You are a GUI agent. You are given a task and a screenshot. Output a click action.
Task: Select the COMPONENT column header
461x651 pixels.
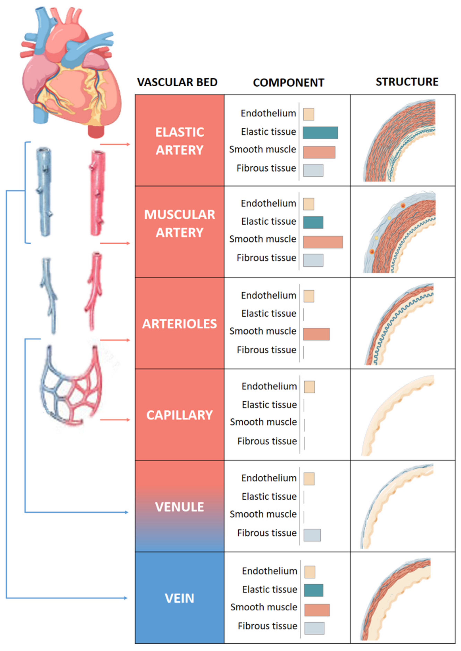tap(288, 83)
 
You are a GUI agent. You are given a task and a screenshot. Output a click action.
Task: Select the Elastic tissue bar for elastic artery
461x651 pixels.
tap(320, 133)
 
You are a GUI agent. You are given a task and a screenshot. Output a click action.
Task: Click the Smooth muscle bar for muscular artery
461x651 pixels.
tap(323, 242)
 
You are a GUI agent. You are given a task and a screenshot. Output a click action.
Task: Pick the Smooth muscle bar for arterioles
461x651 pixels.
tap(316, 334)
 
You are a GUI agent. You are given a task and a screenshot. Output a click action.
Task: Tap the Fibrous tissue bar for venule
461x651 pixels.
tap(312, 535)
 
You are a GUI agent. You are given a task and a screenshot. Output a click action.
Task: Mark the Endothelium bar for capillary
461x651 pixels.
tap(309, 387)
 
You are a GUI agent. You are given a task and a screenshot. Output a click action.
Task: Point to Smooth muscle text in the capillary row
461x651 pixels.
tap(263, 422)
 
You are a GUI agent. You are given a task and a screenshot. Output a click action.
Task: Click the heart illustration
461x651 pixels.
tap(71, 71)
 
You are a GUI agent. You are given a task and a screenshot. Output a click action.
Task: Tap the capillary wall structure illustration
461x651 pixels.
tap(397, 414)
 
